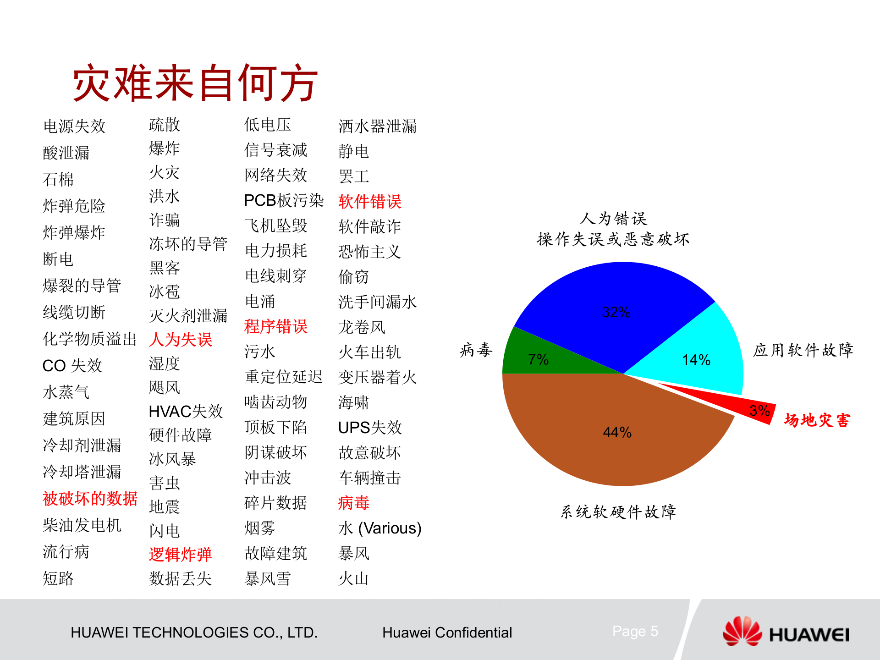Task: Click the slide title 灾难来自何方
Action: [195, 83]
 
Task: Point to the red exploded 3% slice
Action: [752, 409]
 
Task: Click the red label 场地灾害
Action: [817, 420]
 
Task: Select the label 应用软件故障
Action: [803, 350]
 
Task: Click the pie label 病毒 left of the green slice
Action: [476, 350]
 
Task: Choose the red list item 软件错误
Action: [369, 201]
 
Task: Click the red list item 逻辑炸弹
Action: [180, 554]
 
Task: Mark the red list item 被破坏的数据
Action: [90, 498]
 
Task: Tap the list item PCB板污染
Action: [284, 200]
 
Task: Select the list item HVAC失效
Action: [186, 411]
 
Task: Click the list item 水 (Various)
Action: [379, 528]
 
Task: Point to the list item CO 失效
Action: [72, 365]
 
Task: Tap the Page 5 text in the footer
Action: [635, 631]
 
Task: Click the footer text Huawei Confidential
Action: [447, 632]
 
